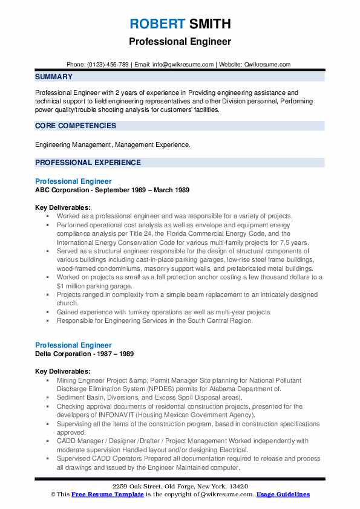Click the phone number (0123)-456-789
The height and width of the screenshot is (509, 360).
click(116, 64)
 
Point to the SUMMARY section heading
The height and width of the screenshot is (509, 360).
click(54, 77)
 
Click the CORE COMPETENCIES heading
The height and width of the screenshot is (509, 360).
click(76, 126)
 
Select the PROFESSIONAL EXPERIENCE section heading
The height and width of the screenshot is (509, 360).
click(88, 163)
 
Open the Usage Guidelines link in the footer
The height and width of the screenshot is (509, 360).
click(283, 494)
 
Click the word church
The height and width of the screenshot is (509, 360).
click(68, 303)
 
